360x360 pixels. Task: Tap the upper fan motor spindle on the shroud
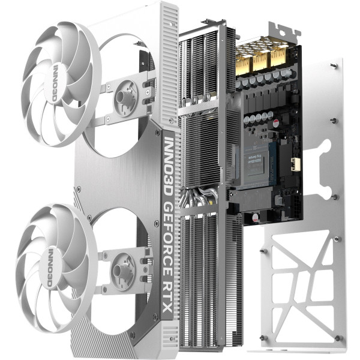127,95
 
